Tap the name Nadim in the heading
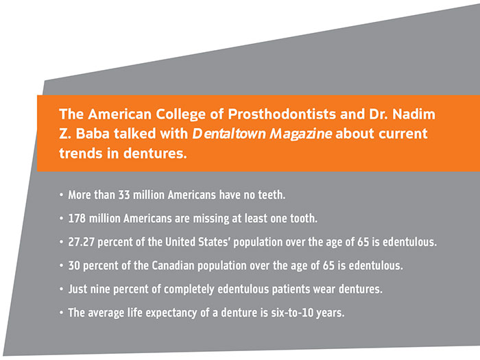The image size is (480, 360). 414,115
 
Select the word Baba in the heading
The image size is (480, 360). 93,134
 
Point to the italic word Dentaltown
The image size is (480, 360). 229,134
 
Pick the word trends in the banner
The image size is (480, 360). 81,153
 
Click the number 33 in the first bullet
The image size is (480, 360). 124,195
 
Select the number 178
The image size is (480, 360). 77,218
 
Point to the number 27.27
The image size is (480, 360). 81,242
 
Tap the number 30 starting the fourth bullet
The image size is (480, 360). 74,265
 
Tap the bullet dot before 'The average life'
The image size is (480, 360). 61,313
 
